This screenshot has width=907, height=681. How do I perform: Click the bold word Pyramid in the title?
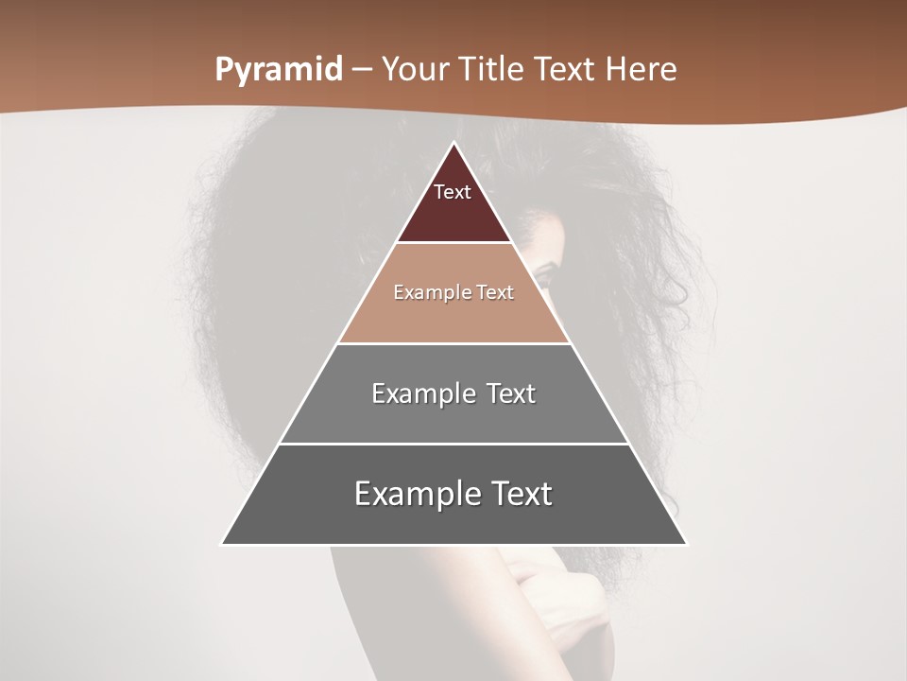[x=279, y=70]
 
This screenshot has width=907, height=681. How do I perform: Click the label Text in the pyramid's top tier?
[x=453, y=192]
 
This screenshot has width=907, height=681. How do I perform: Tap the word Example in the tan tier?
[x=431, y=292]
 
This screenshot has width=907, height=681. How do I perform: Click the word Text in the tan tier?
[x=495, y=292]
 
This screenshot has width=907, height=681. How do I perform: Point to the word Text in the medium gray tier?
[x=511, y=393]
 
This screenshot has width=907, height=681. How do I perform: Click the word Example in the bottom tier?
[x=415, y=494]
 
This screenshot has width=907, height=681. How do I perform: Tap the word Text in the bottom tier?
[x=522, y=494]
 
